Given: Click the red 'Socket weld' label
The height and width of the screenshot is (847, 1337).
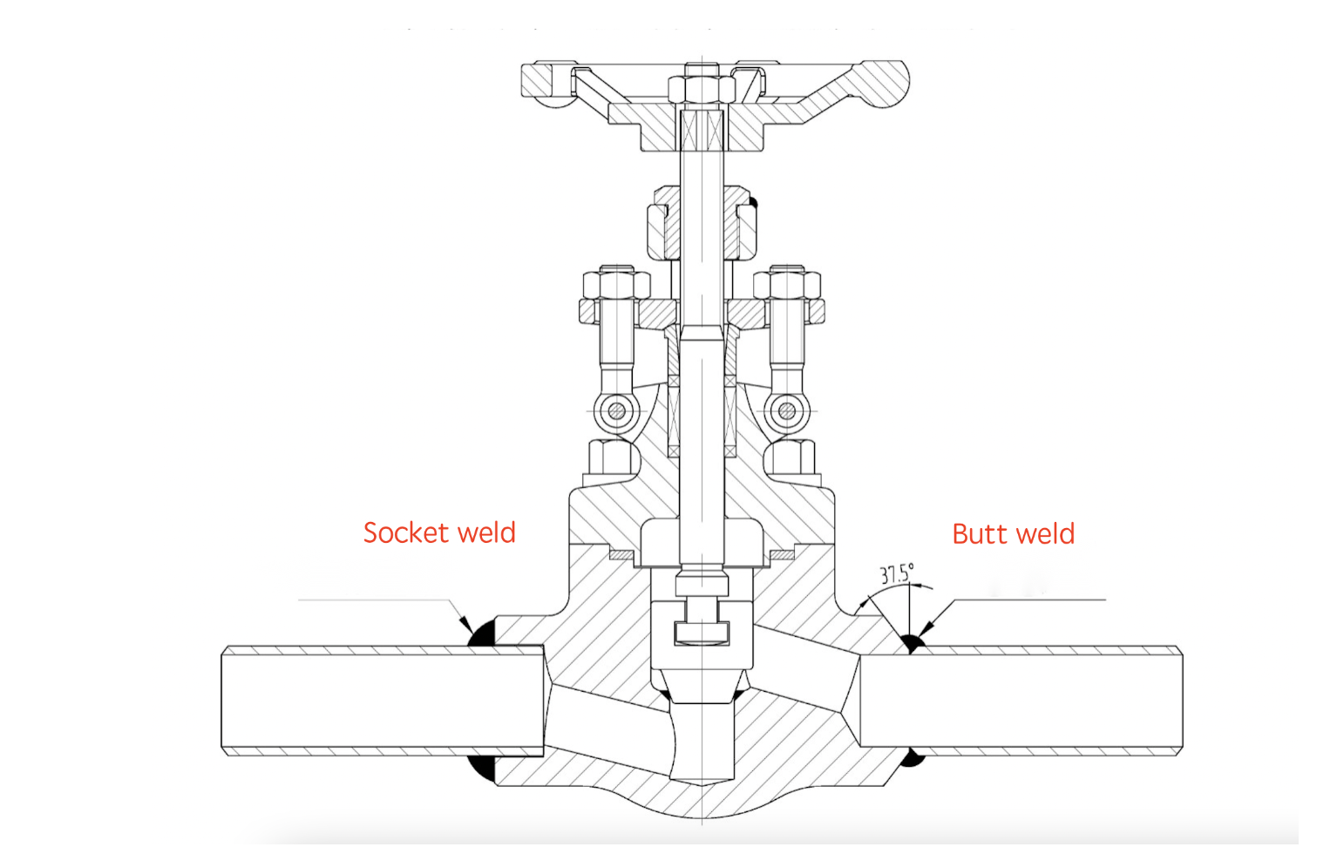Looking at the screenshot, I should point(439,532).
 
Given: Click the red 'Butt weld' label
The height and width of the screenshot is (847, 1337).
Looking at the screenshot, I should point(1013,533).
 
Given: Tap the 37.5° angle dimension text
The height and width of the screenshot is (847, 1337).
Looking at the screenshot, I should point(896,573).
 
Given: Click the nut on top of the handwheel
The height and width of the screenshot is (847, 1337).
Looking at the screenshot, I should point(702,86).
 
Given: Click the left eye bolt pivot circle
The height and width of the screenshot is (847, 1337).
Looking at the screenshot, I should point(616,410).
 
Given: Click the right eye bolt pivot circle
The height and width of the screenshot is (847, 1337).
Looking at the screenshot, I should point(787,410).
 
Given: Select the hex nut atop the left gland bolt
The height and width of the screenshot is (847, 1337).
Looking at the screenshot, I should point(616,283).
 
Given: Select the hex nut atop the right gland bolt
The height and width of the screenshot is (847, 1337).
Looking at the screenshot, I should point(787,283).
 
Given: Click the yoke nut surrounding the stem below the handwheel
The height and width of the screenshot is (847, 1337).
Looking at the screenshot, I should point(702,222).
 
